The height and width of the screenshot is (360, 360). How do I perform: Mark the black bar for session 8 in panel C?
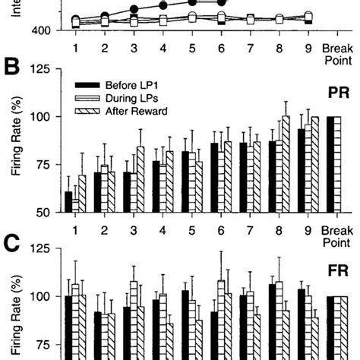pos(273,322)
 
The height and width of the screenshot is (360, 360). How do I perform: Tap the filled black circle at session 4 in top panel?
pos(163,5)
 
